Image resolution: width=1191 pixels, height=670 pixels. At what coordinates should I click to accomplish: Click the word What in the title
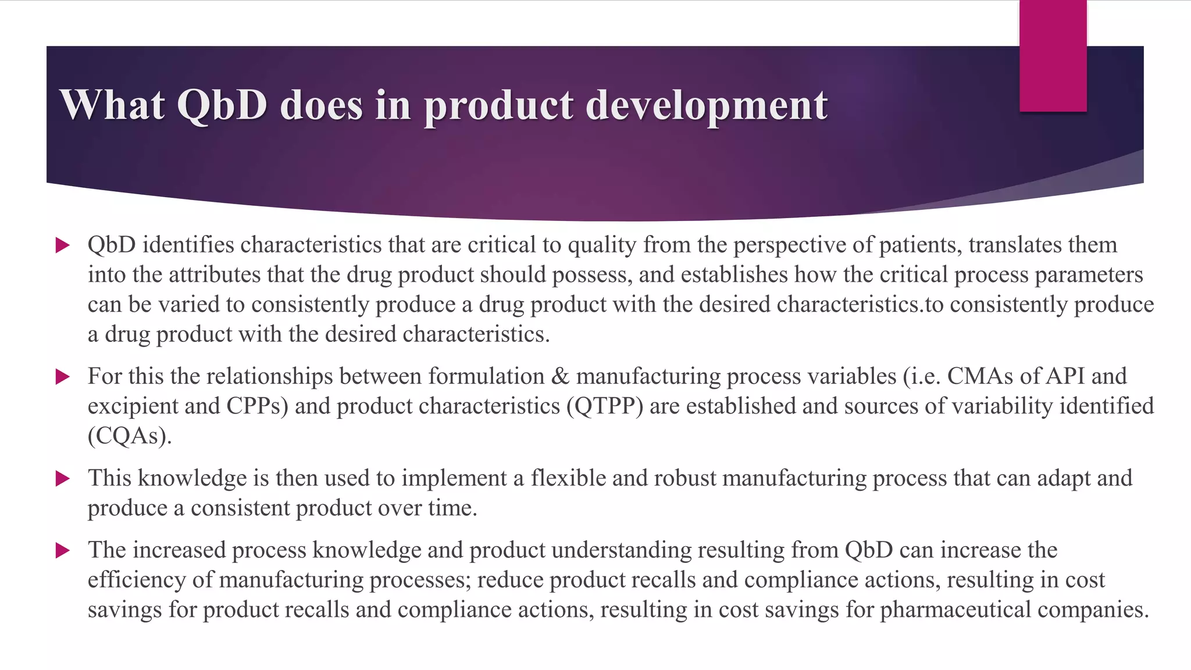click(x=112, y=105)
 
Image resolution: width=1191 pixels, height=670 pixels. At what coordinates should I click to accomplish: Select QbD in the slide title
click(x=222, y=105)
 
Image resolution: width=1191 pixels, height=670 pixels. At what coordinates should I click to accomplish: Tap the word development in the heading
click(x=706, y=106)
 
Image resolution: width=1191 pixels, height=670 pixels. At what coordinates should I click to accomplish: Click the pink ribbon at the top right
click(x=1053, y=56)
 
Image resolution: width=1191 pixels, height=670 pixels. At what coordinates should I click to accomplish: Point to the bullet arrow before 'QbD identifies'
click(x=62, y=245)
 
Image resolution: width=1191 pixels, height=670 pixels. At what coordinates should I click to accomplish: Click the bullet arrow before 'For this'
click(x=62, y=377)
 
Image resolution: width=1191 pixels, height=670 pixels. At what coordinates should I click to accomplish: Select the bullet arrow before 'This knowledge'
click(x=62, y=479)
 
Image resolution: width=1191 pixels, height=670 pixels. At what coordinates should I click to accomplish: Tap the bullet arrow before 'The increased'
click(x=62, y=550)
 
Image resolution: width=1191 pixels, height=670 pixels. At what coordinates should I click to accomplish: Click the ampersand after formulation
click(x=560, y=376)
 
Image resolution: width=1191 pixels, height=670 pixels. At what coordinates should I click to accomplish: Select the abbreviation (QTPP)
click(x=605, y=406)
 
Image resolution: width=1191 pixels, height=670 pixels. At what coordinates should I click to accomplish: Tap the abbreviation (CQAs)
click(x=130, y=436)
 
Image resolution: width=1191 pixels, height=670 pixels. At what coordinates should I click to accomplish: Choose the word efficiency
click(x=150, y=580)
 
